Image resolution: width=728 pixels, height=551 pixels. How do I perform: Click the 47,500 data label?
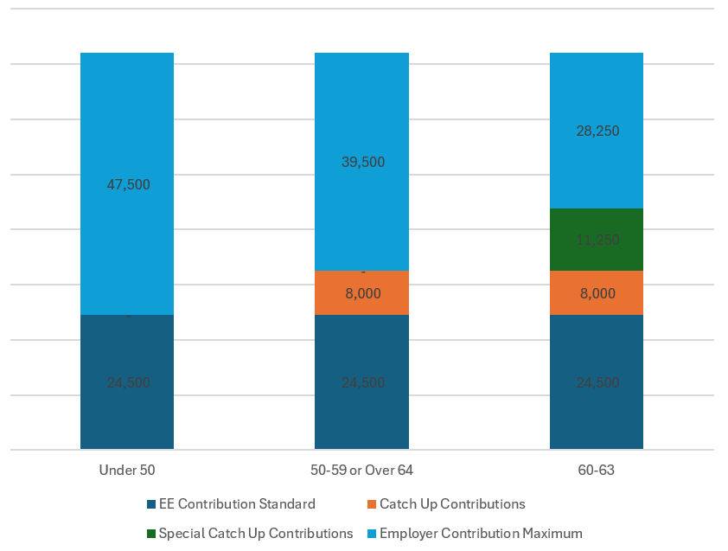click(128, 184)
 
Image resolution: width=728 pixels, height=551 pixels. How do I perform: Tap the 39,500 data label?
click(363, 162)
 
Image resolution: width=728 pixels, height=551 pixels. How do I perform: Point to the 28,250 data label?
click(597, 131)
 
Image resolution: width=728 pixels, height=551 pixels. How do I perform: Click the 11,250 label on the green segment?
click(597, 240)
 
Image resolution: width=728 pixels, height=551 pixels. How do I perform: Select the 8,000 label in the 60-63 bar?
click(597, 293)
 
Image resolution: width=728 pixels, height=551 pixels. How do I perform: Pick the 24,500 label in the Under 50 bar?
click(128, 382)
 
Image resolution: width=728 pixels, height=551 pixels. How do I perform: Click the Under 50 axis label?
click(127, 471)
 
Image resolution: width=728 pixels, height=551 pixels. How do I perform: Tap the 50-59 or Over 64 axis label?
click(362, 471)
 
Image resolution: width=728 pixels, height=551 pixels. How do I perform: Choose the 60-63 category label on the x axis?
click(597, 471)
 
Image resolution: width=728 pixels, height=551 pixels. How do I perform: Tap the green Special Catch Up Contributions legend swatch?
click(151, 534)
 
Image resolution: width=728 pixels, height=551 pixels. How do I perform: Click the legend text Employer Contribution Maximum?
click(481, 533)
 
